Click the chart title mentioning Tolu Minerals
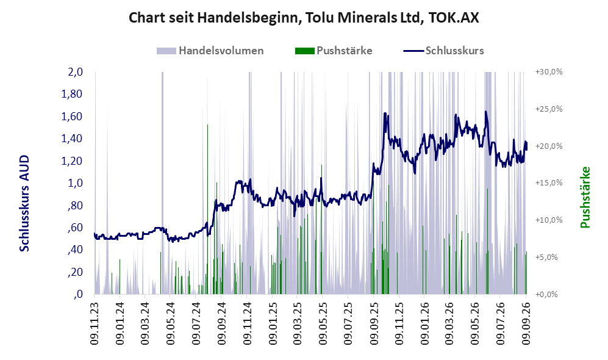[x=304, y=18]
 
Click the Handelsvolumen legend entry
[x=210, y=51]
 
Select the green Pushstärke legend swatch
[x=304, y=51]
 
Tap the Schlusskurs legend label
[x=454, y=51]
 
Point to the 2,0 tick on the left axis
[x=75, y=72]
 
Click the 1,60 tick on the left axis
[x=72, y=117]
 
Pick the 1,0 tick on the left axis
[x=75, y=183]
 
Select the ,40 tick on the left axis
[x=75, y=250]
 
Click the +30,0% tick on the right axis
[x=549, y=72]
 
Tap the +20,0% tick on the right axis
[x=549, y=146]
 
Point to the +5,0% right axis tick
[x=547, y=257]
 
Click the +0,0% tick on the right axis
[x=547, y=295]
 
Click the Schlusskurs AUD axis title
[x=24, y=203]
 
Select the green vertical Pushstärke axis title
[x=585, y=197]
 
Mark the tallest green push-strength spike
[x=207, y=209]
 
